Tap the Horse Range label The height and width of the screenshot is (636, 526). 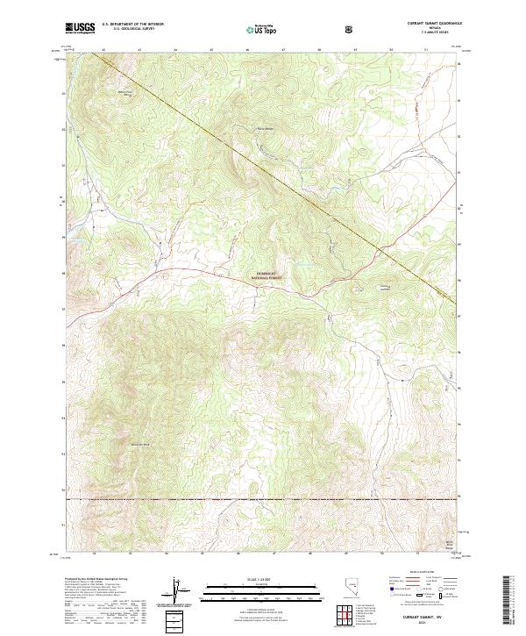pyautogui.click(x=264, y=132)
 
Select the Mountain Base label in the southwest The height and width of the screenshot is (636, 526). pyautogui.click(x=140, y=445)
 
